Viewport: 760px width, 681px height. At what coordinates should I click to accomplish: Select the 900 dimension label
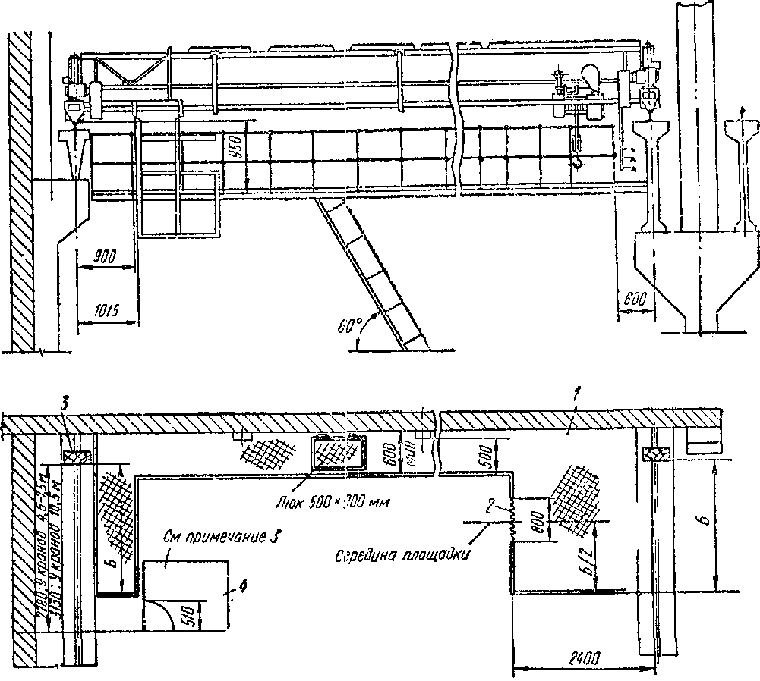[106, 257]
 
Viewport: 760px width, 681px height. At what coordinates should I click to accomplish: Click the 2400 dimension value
[579, 657]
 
